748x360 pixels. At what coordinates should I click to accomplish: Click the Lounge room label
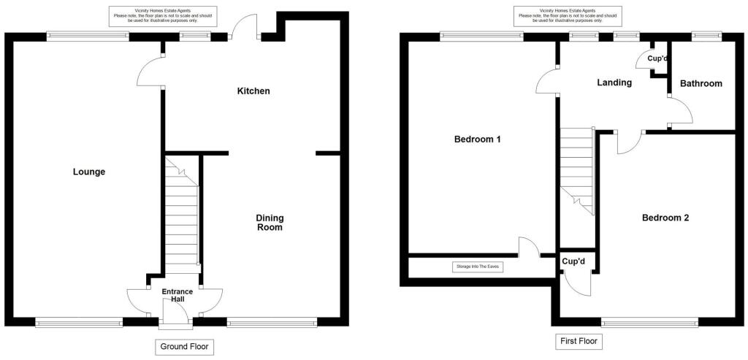tap(89, 172)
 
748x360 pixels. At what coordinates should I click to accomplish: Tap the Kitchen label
tap(253, 91)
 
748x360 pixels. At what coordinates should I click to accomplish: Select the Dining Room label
tap(269, 223)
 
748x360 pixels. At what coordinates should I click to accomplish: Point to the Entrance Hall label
tap(178, 295)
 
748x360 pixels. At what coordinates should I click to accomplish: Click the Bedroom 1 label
tap(477, 139)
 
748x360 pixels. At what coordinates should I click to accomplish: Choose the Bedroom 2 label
tap(665, 218)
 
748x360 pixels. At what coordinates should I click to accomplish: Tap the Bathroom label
tap(701, 84)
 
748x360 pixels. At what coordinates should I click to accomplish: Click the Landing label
tap(614, 83)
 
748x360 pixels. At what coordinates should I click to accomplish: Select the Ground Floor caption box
tap(184, 347)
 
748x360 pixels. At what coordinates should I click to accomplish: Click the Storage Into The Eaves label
tap(478, 267)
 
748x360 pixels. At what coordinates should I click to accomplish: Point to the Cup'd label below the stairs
tap(573, 261)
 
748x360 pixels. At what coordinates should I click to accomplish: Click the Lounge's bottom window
tap(79, 320)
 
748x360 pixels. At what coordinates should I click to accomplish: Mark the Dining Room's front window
tap(272, 320)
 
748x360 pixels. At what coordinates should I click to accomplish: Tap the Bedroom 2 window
tap(649, 320)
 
